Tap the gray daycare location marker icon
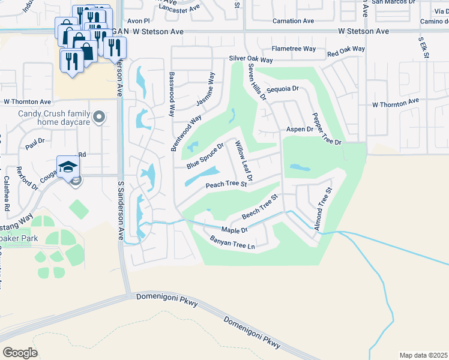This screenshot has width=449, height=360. pyautogui.click(x=100, y=116)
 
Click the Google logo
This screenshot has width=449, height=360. pyautogui.click(x=20, y=352)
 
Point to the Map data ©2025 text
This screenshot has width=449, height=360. pyautogui.click(x=423, y=355)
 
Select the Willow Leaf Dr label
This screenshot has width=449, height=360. pyautogui.click(x=244, y=161)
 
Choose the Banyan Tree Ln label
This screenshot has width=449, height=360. pyautogui.click(x=232, y=243)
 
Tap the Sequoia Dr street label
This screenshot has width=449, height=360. pyautogui.click(x=283, y=88)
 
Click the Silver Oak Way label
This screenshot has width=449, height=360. pyautogui.click(x=250, y=60)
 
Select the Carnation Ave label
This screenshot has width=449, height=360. pyautogui.click(x=292, y=21)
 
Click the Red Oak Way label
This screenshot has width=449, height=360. pyautogui.click(x=346, y=52)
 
